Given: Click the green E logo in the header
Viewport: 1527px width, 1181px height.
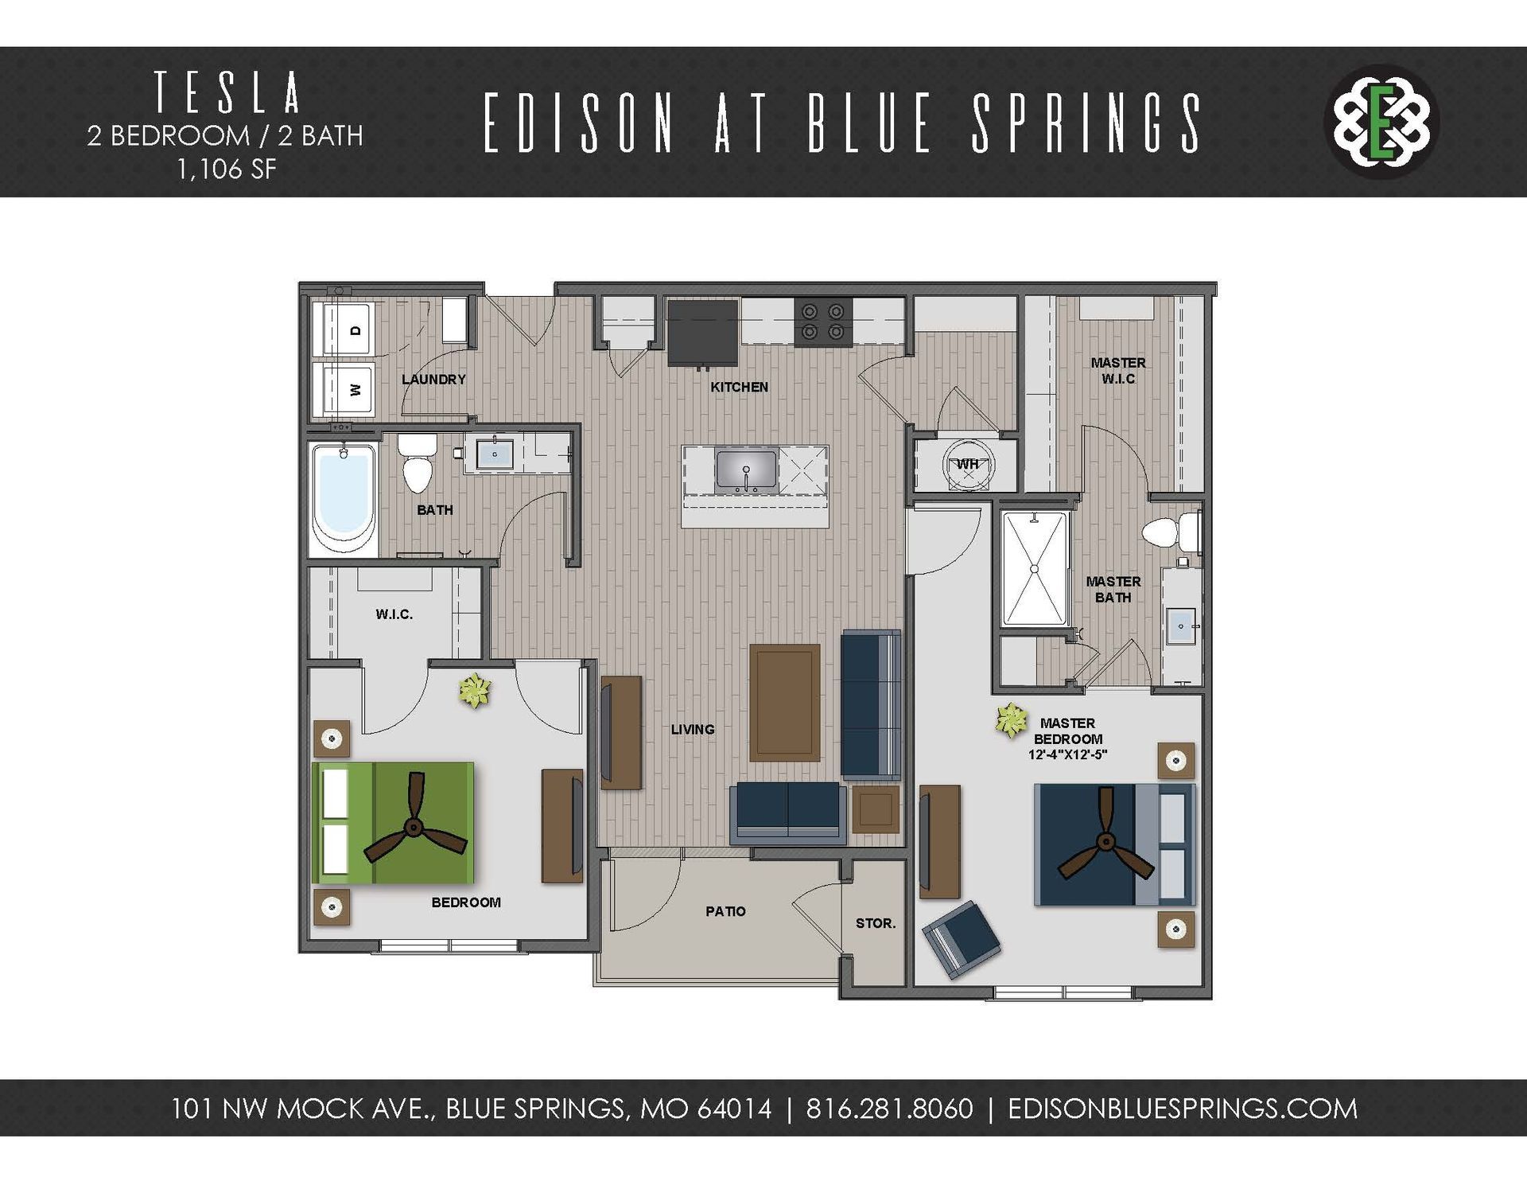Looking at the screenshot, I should (x=1382, y=122).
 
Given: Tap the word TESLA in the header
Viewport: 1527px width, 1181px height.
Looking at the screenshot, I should (x=227, y=93).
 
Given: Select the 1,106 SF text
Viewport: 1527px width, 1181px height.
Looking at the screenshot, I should (x=227, y=170).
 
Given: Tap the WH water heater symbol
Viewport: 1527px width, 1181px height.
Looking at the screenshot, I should (x=967, y=466).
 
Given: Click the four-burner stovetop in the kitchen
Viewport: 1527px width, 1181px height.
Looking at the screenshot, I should (x=822, y=322).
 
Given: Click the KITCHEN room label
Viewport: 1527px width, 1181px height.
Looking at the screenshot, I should (x=739, y=388).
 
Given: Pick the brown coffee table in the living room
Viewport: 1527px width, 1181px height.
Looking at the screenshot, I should (x=784, y=703).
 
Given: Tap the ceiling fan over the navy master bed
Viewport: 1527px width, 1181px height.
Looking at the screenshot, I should (x=1104, y=842).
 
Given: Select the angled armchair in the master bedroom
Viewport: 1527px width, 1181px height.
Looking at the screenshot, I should (x=961, y=939).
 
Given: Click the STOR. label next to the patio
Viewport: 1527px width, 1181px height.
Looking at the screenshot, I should (x=875, y=924).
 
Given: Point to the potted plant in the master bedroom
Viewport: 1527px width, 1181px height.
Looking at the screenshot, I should (x=1010, y=720).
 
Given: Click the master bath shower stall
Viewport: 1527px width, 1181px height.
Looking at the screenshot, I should (x=1034, y=569).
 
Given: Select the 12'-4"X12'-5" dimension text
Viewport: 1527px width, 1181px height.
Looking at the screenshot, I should (x=1067, y=754).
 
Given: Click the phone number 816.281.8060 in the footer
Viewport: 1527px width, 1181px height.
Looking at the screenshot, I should (x=889, y=1109).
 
